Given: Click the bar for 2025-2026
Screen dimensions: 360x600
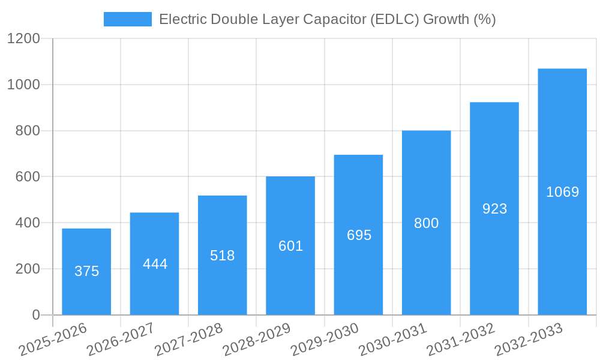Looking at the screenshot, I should [x=86, y=272].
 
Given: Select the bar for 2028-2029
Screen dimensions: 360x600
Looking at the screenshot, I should [x=290, y=245].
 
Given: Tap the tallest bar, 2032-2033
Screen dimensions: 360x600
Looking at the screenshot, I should [x=562, y=191].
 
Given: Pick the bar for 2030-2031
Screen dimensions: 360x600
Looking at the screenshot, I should [x=426, y=223].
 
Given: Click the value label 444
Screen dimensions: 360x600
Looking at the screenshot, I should [x=155, y=264].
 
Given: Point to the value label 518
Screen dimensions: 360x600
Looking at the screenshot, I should [x=223, y=256].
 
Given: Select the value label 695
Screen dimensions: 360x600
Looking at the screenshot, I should [x=359, y=235].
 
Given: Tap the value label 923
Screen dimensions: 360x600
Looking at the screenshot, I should [x=494, y=209].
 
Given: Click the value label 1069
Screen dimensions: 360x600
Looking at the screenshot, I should [x=562, y=192].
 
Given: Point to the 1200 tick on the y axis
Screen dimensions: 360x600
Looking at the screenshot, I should [x=23, y=38].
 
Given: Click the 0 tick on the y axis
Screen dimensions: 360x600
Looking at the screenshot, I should [x=35, y=315].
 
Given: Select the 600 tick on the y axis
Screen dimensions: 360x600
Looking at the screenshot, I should [x=28, y=177].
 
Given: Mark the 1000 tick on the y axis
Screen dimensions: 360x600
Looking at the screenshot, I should [x=23, y=85].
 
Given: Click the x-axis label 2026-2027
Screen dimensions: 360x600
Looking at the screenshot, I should [x=121, y=340].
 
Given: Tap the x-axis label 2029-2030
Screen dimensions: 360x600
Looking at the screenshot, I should [x=325, y=340].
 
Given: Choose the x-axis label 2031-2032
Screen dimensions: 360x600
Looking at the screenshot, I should [x=461, y=340].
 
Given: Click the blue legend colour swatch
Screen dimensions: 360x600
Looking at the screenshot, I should [x=127, y=19].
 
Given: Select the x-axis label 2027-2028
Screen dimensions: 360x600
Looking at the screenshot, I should [x=188, y=340].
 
